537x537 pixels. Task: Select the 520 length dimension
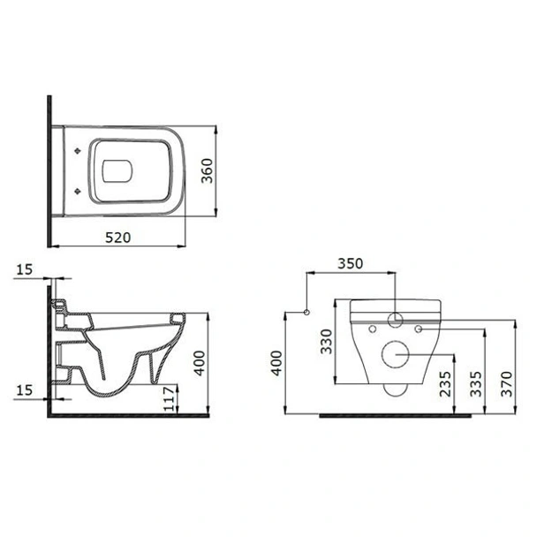pyautogui.click(x=117, y=236)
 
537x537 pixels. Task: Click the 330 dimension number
pyautogui.click(x=325, y=340)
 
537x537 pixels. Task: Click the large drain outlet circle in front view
pyautogui.click(x=395, y=355)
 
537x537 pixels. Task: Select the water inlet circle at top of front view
pyautogui.click(x=396, y=320)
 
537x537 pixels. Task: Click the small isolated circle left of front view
pyautogui.click(x=305, y=313)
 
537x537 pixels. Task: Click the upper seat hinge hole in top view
pyautogui.click(x=81, y=149)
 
